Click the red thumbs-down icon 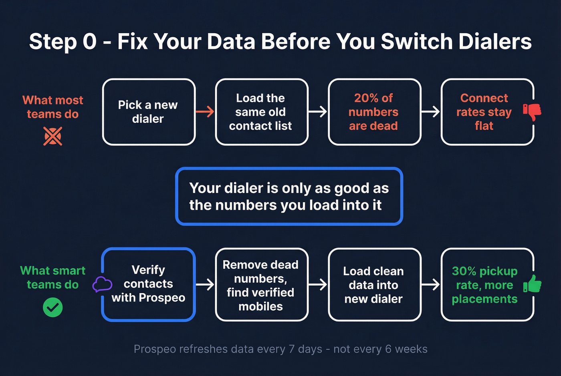tap(532, 111)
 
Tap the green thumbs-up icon tap(532, 284)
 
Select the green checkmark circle tap(52, 308)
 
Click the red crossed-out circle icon tap(52, 136)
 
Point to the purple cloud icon tap(102, 284)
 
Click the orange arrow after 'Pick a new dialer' tap(205, 112)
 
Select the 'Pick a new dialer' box tap(149, 112)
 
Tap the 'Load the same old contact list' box tap(261, 112)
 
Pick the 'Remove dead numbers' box tap(261, 285)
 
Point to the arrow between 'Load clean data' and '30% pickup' tap(431, 285)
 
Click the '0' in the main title tap(89, 42)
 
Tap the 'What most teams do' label tap(52, 107)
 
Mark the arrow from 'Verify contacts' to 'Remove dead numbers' tap(205, 285)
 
